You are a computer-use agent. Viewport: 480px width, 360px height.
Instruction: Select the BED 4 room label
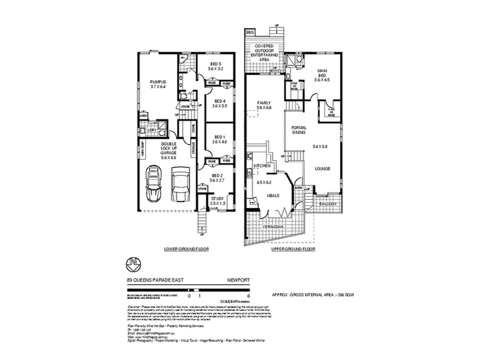coord(220,101)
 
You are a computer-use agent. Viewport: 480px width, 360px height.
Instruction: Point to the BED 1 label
coord(220,137)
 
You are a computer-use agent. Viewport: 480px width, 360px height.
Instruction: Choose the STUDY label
coord(217,199)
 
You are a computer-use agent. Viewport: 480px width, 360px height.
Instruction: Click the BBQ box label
coord(250,31)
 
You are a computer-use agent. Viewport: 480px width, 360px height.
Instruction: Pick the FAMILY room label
coord(265,103)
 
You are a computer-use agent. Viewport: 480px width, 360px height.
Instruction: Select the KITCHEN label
coord(263,165)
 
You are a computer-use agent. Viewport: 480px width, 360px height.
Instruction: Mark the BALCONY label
coord(328,204)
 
